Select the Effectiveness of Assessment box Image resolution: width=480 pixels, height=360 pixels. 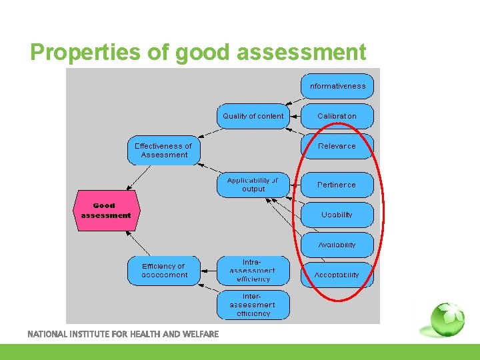point(163,151)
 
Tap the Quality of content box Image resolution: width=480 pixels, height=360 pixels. point(253,116)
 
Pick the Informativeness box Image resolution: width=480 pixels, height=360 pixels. point(337,86)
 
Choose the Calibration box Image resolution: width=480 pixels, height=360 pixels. point(337,116)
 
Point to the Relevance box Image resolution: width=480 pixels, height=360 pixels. point(337,146)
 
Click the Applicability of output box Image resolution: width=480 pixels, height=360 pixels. point(253,185)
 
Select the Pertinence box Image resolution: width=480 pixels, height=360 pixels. point(337,185)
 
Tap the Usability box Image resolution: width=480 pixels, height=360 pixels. point(337,215)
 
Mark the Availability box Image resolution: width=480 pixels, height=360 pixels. point(337,245)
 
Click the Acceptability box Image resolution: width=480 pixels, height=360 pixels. point(337,275)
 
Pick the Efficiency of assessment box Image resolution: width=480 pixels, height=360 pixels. point(164,271)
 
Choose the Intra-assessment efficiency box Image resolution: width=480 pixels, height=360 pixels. point(253,271)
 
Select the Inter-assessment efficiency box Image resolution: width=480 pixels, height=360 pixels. point(253,305)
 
